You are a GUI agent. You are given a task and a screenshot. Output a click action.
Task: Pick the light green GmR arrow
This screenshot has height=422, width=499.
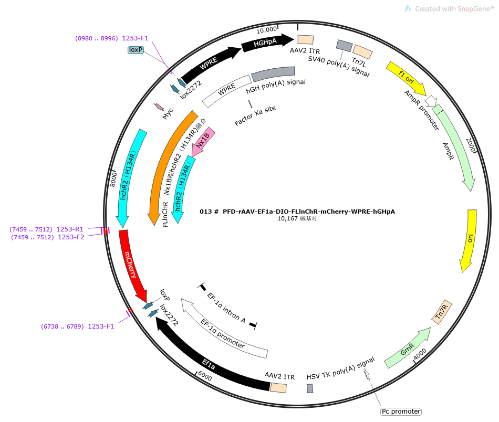(408, 347)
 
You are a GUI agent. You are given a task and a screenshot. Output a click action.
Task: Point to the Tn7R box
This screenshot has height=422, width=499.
(442, 312)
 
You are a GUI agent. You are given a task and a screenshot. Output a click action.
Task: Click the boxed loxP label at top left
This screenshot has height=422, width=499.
(136, 50)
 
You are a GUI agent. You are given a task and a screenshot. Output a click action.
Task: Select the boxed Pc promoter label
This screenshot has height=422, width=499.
(401, 412)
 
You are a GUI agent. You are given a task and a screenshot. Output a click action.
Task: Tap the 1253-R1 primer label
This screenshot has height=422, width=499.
(70, 229)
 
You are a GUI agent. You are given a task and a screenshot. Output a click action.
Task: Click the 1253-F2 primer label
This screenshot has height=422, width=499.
(71, 237)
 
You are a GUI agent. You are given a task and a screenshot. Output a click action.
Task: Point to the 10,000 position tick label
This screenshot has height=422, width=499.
(267, 30)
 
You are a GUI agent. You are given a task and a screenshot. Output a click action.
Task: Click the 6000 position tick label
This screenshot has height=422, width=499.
(205, 376)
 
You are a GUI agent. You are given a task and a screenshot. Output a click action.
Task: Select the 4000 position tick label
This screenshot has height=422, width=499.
(420, 354)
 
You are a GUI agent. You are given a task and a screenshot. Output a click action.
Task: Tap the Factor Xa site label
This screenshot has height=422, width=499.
(255, 115)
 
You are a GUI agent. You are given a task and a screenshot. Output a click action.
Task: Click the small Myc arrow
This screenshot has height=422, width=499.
(159, 107)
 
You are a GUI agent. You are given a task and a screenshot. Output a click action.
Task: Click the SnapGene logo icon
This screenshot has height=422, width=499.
(408, 8)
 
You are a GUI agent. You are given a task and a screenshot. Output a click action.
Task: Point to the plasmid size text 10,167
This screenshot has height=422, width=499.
(287, 218)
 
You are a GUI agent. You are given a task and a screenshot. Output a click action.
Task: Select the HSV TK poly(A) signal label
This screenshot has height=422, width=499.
(340, 368)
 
